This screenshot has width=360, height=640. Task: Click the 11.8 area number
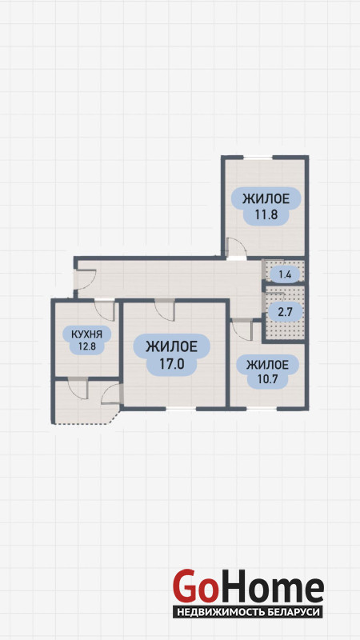(266, 214)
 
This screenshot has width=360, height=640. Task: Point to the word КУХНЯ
(86, 334)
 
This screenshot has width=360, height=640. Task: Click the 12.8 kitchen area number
(86, 347)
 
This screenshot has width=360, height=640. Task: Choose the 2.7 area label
(285, 313)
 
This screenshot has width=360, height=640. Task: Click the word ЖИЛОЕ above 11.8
(266, 199)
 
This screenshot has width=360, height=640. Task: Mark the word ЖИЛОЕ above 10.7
(267, 365)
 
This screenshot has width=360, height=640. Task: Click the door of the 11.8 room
(237, 249)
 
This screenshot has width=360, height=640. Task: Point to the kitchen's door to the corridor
(105, 310)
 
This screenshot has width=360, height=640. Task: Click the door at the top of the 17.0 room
(165, 310)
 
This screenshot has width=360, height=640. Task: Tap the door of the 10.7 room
(242, 330)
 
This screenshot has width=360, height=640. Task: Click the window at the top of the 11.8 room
(258, 158)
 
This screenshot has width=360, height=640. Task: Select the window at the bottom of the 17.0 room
(181, 408)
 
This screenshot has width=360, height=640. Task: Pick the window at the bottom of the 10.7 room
(262, 408)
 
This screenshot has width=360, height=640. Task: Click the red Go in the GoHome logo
(194, 586)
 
